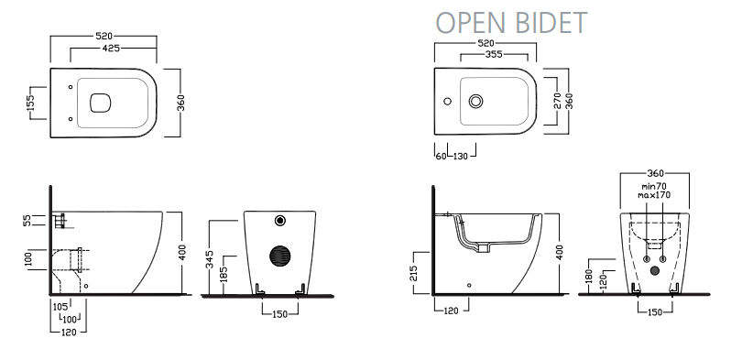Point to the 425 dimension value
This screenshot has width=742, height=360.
click(111, 48)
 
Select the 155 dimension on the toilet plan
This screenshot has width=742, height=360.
click(31, 103)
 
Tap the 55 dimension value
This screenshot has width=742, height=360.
click(27, 220)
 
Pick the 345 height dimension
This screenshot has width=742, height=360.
click(211, 259)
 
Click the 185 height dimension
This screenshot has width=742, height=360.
click(224, 275)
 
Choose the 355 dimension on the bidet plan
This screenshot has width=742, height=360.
click(494, 54)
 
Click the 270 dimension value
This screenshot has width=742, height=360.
click(558, 101)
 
